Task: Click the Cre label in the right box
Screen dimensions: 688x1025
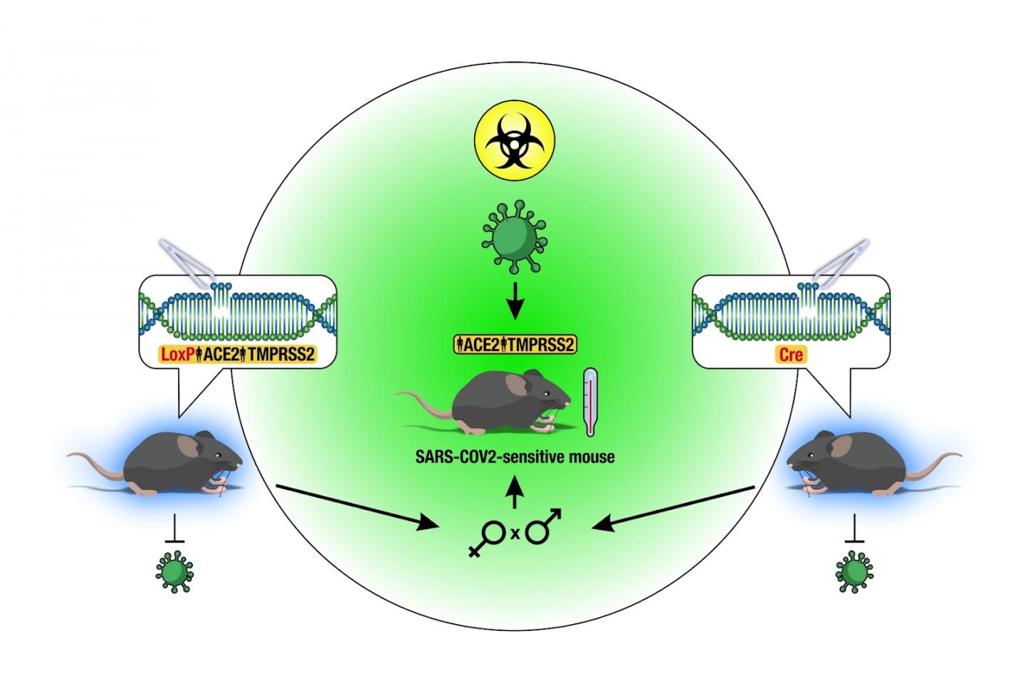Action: click(x=791, y=354)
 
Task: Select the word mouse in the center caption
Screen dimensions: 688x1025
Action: click(x=592, y=457)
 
